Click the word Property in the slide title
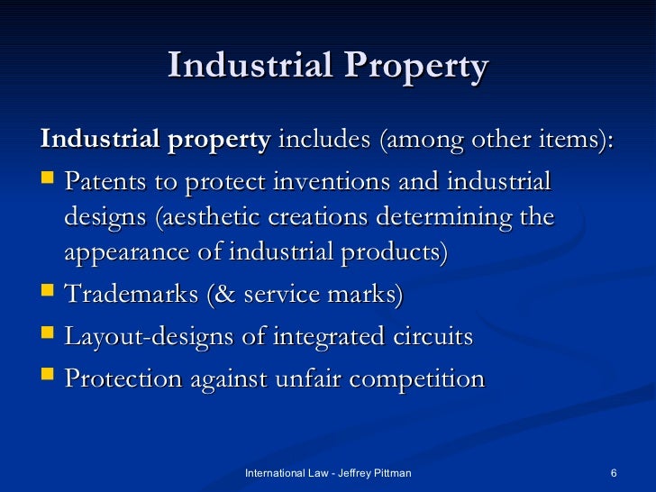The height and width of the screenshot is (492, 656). [413, 68]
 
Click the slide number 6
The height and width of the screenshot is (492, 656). [613, 473]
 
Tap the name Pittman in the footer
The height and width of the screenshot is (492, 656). [391, 473]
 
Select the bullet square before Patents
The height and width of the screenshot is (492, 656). [48, 182]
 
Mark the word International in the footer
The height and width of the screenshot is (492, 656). [275, 473]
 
